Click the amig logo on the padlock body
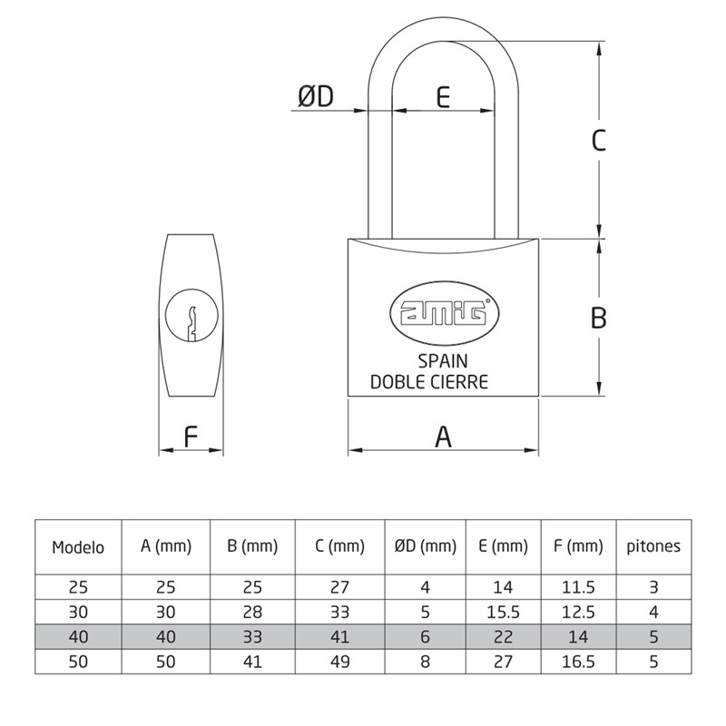point(444,314)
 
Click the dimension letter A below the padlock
point(443,437)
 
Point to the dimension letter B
point(598,318)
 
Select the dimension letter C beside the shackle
point(598,141)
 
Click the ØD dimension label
point(316,96)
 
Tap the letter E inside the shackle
point(443,96)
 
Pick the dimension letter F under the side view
point(191,437)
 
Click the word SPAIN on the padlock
point(443,361)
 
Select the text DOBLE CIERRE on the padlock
point(429,381)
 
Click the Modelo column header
point(78,547)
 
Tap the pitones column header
point(653,546)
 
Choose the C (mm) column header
point(339,546)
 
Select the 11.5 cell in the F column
point(578,587)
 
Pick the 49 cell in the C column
point(339,662)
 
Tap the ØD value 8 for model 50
point(425,662)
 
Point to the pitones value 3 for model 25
point(653,587)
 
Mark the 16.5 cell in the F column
point(578,662)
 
